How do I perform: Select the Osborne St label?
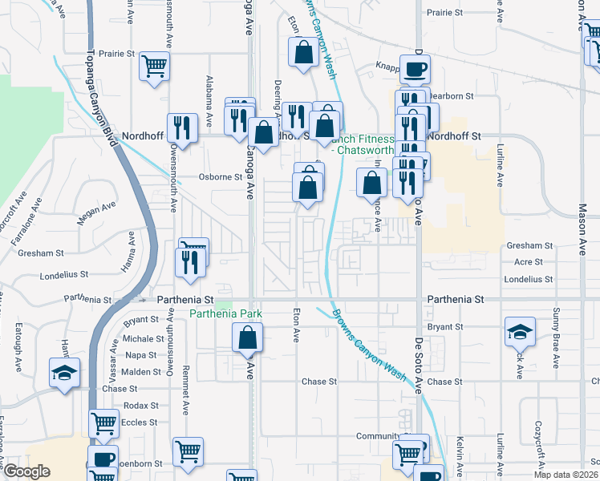(x=221, y=177)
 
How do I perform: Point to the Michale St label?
(x=144, y=339)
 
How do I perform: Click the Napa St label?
(x=141, y=354)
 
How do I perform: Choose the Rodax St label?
(x=141, y=406)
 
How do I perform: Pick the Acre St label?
(x=528, y=262)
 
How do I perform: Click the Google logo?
(x=26, y=471)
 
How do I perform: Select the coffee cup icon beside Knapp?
(x=415, y=70)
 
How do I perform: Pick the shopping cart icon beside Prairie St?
(x=155, y=67)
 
